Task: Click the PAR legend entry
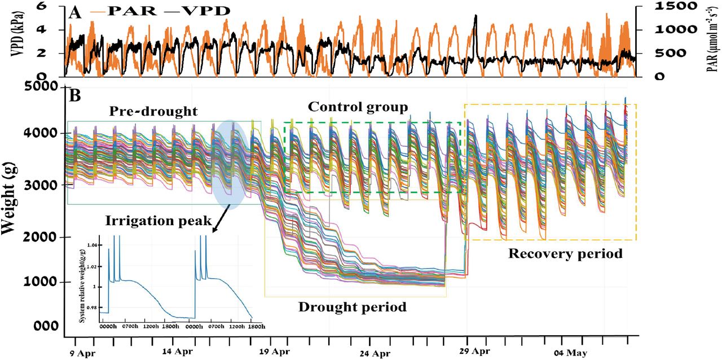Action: pyautogui.click(x=117, y=11)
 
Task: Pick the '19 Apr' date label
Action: pyautogui.click(x=272, y=352)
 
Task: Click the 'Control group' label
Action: pyautogui.click(x=358, y=107)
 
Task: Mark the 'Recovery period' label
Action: pyautogui.click(x=565, y=253)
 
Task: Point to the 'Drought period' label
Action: pyautogui.click(x=352, y=308)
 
